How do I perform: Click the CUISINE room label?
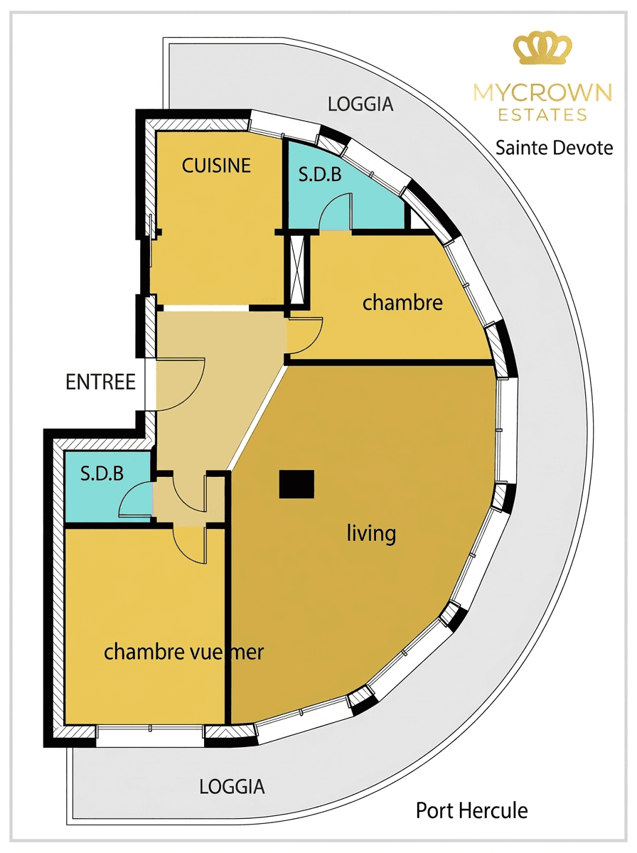(216, 166)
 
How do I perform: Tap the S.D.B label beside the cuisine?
(320, 174)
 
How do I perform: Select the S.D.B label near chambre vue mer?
(102, 473)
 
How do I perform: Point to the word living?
(371, 533)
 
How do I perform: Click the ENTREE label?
(101, 382)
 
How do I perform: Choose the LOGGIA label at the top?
(360, 104)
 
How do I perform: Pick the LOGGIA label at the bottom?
(232, 787)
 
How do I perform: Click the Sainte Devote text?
(554, 148)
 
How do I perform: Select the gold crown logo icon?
(542, 49)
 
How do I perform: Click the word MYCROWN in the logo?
(542, 92)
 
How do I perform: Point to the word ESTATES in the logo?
(542, 114)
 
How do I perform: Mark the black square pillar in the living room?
(296, 484)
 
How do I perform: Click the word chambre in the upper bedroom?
(402, 302)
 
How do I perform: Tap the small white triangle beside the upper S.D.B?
(419, 222)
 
